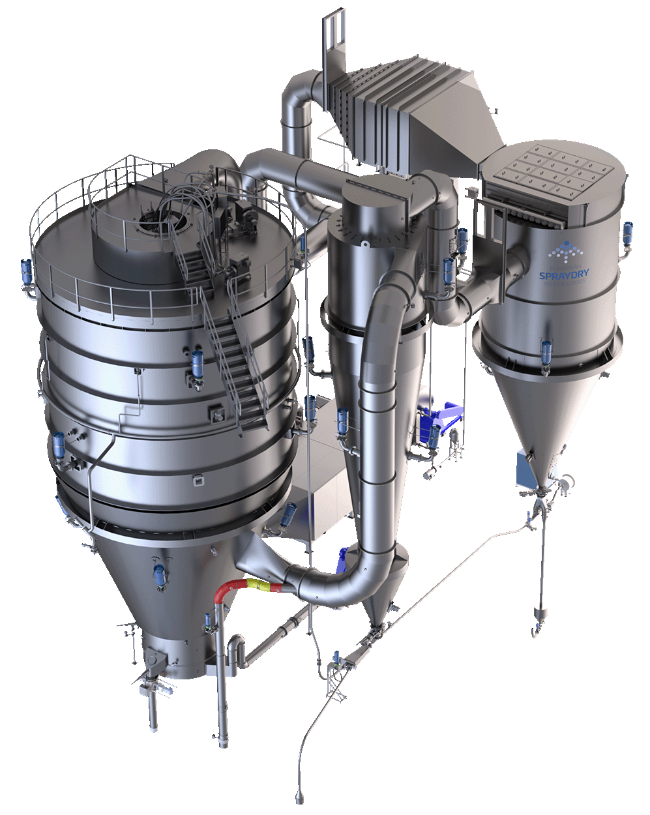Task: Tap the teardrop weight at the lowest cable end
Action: coord(300,797)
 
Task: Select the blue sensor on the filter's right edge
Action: coord(627,234)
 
